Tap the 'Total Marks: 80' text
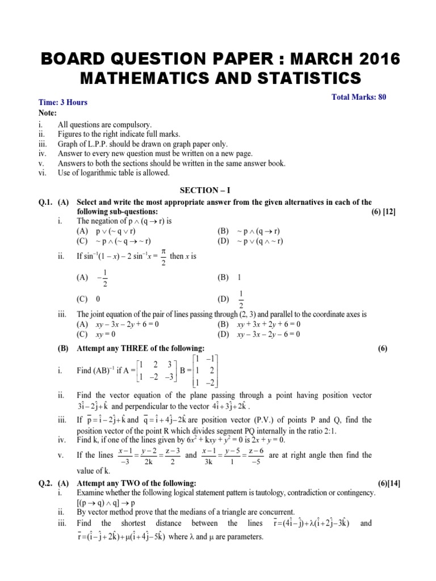(x=358, y=98)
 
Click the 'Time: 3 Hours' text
(x=63, y=102)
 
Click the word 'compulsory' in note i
(x=131, y=124)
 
